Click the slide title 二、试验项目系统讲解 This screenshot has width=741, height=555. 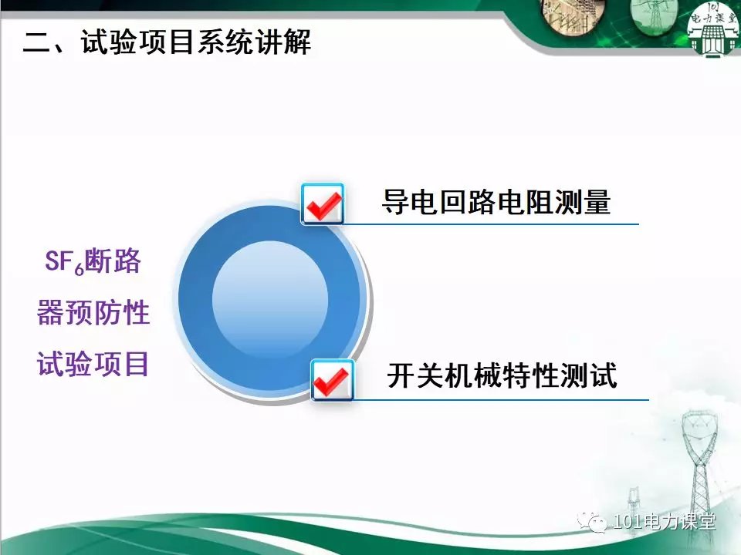(x=167, y=42)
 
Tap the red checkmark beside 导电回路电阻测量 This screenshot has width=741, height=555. (x=323, y=205)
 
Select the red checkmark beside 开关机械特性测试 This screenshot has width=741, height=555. (x=332, y=382)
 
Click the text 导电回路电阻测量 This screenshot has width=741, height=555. (x=496, y=203)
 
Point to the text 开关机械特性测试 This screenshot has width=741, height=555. (x=502, y=375)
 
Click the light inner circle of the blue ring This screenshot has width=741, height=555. (x=270, y=299)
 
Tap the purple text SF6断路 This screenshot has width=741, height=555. (x=93, y=261)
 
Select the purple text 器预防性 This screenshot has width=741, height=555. (x=93, y=312)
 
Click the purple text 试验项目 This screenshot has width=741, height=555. (x=93, y=364)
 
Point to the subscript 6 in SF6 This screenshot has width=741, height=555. (x=79, y=269)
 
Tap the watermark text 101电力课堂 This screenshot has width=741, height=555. (x=664, y=522)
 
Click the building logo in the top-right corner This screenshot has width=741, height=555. (x=713, y=29)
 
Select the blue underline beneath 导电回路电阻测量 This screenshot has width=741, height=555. (x=491, y=224)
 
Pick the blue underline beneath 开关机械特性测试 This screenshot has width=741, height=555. (x=500, y=400)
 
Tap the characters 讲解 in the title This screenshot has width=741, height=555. (x=283, y=42)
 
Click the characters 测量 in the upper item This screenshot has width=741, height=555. (x=582, y=203)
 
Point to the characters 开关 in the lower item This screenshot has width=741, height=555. (x=416, y=375)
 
